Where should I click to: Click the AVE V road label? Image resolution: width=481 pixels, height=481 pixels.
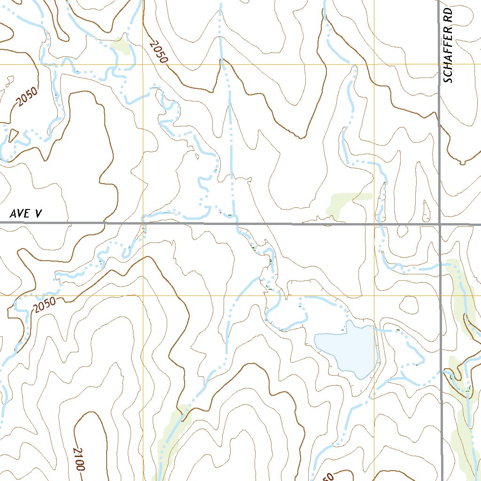[26, 214]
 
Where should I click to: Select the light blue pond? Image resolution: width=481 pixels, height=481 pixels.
[348, 348]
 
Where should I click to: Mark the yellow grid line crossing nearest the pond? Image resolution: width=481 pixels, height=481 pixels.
[374, 296]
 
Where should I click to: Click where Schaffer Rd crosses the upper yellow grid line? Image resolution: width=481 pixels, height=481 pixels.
[439, 64]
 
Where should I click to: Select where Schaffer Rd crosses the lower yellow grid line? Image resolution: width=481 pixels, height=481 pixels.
[442, 296]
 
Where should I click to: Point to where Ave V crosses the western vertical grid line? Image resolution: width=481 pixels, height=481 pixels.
[143, 224]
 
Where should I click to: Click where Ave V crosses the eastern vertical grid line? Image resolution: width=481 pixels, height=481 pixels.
[374, 224]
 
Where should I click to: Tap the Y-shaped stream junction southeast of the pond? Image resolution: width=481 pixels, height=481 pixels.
[404, 379]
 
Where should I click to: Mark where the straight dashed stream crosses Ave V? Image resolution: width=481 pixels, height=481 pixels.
[233, 224]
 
